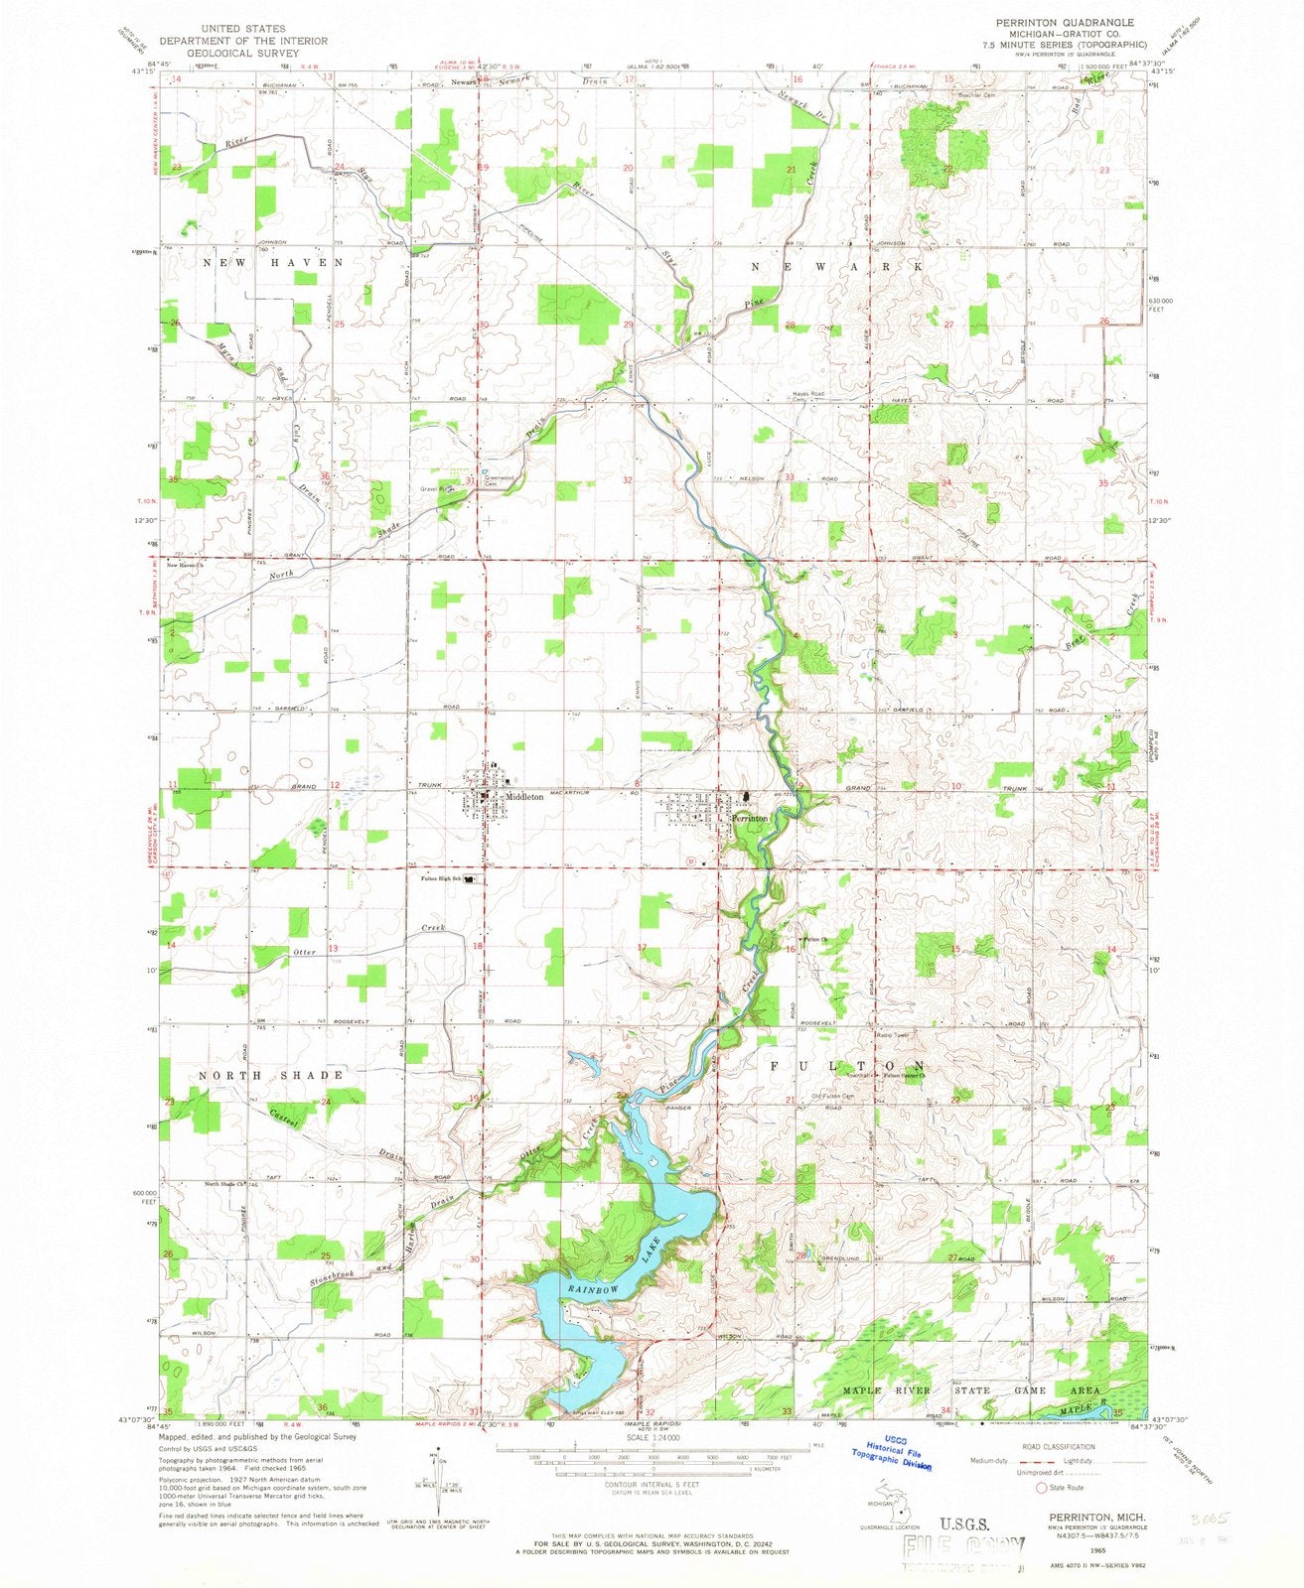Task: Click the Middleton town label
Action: pos(524,796)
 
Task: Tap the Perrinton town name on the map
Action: pos(751,816)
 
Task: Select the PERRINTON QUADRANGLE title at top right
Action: pos(1078,21)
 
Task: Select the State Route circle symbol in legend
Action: pos(1042,1488)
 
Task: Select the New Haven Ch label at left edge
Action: pos(184,566)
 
